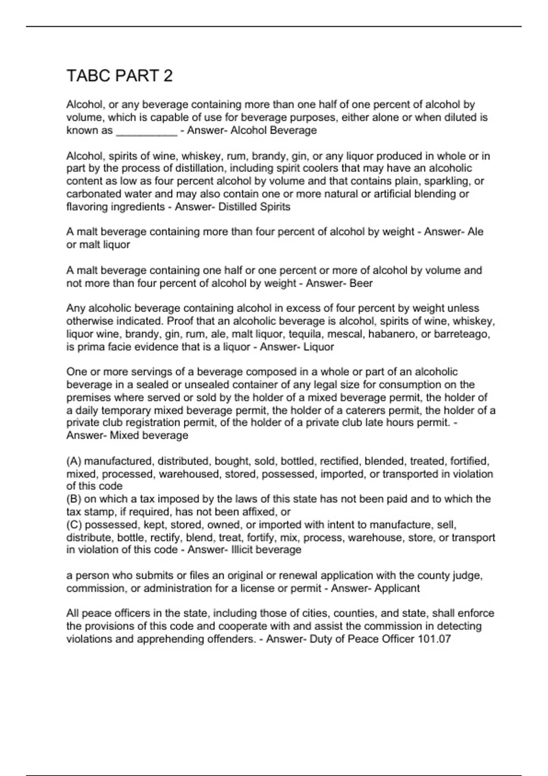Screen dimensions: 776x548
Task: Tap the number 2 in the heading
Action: point(168,76)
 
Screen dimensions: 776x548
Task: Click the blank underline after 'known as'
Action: point(147,131)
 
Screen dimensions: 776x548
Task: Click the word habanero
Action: point(392,334)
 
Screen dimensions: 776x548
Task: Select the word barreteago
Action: point(461,334)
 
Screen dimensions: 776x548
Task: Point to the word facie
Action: point(116,347)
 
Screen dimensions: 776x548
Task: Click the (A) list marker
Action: point(74,461)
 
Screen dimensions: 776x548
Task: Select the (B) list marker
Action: point(74,499)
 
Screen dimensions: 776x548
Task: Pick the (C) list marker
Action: point(74,524)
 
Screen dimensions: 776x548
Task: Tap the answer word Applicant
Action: point(396,588)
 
